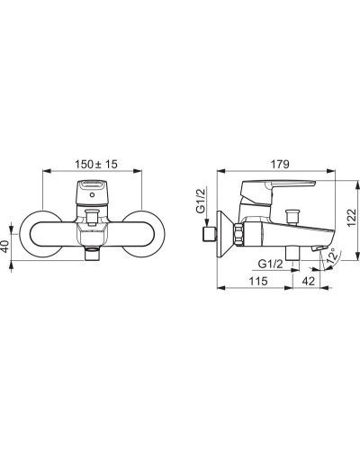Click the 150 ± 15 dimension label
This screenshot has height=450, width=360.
point(96,164)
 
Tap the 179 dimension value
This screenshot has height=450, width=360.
point(280,164)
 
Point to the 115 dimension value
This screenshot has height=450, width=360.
point(258,281)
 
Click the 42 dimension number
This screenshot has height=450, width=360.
point(309,281)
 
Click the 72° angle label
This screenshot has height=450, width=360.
point(334,256)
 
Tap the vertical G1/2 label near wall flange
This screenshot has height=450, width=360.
point(202,201)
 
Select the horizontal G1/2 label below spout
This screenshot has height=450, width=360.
point(271,264)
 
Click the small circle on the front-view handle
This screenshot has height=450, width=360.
point(92,195)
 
